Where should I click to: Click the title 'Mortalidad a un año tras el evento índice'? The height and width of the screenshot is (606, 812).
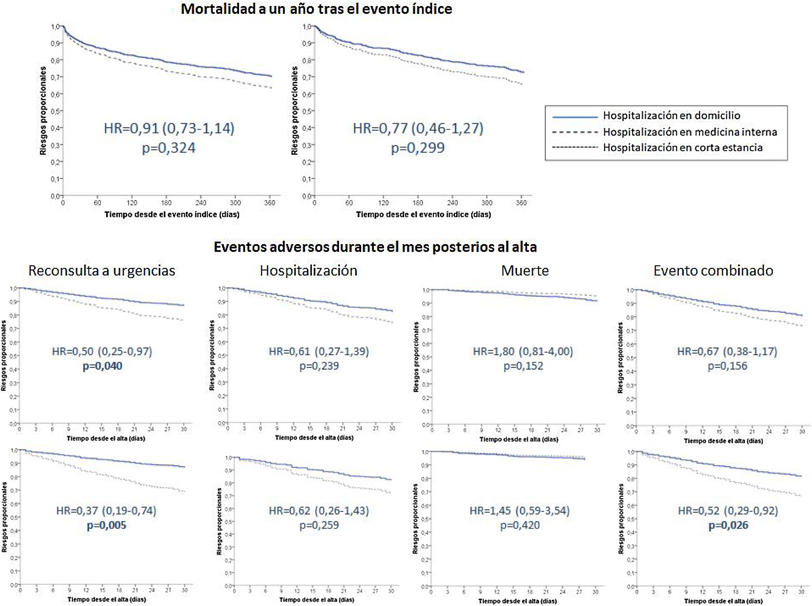pos(316,9)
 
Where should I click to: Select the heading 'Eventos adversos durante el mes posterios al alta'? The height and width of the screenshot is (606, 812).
pos(375,247)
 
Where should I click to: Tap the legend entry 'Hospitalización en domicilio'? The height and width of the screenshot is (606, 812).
pos(671,116)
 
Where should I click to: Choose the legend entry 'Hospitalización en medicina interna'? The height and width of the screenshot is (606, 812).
pos(690,132)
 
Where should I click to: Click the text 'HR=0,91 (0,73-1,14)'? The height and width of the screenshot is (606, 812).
pos(169,128)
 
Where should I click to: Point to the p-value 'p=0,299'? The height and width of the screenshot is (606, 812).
pos(418,148)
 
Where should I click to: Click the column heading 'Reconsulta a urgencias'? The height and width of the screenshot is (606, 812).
pos(102,271)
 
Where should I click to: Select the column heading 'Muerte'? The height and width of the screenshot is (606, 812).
pos(525,271)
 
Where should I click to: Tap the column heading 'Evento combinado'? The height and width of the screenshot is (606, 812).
pos(713,271)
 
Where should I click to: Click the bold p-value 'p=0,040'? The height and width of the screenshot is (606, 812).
pos(102,366)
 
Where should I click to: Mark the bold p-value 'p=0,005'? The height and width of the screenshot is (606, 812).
pos(106,525)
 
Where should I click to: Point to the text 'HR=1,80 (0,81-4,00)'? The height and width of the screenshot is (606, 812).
pos(523,351)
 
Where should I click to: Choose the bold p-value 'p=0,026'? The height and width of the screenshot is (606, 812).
pos(728,525)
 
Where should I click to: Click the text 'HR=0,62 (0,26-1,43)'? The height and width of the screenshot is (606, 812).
pos(319,511)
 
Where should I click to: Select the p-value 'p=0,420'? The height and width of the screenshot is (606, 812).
pos(520,525)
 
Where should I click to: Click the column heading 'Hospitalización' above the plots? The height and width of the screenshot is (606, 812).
pos(308,271)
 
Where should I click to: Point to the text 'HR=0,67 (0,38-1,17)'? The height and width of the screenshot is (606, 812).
pos(727,351)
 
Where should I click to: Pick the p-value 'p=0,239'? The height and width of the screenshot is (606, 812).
pos(319,366)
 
